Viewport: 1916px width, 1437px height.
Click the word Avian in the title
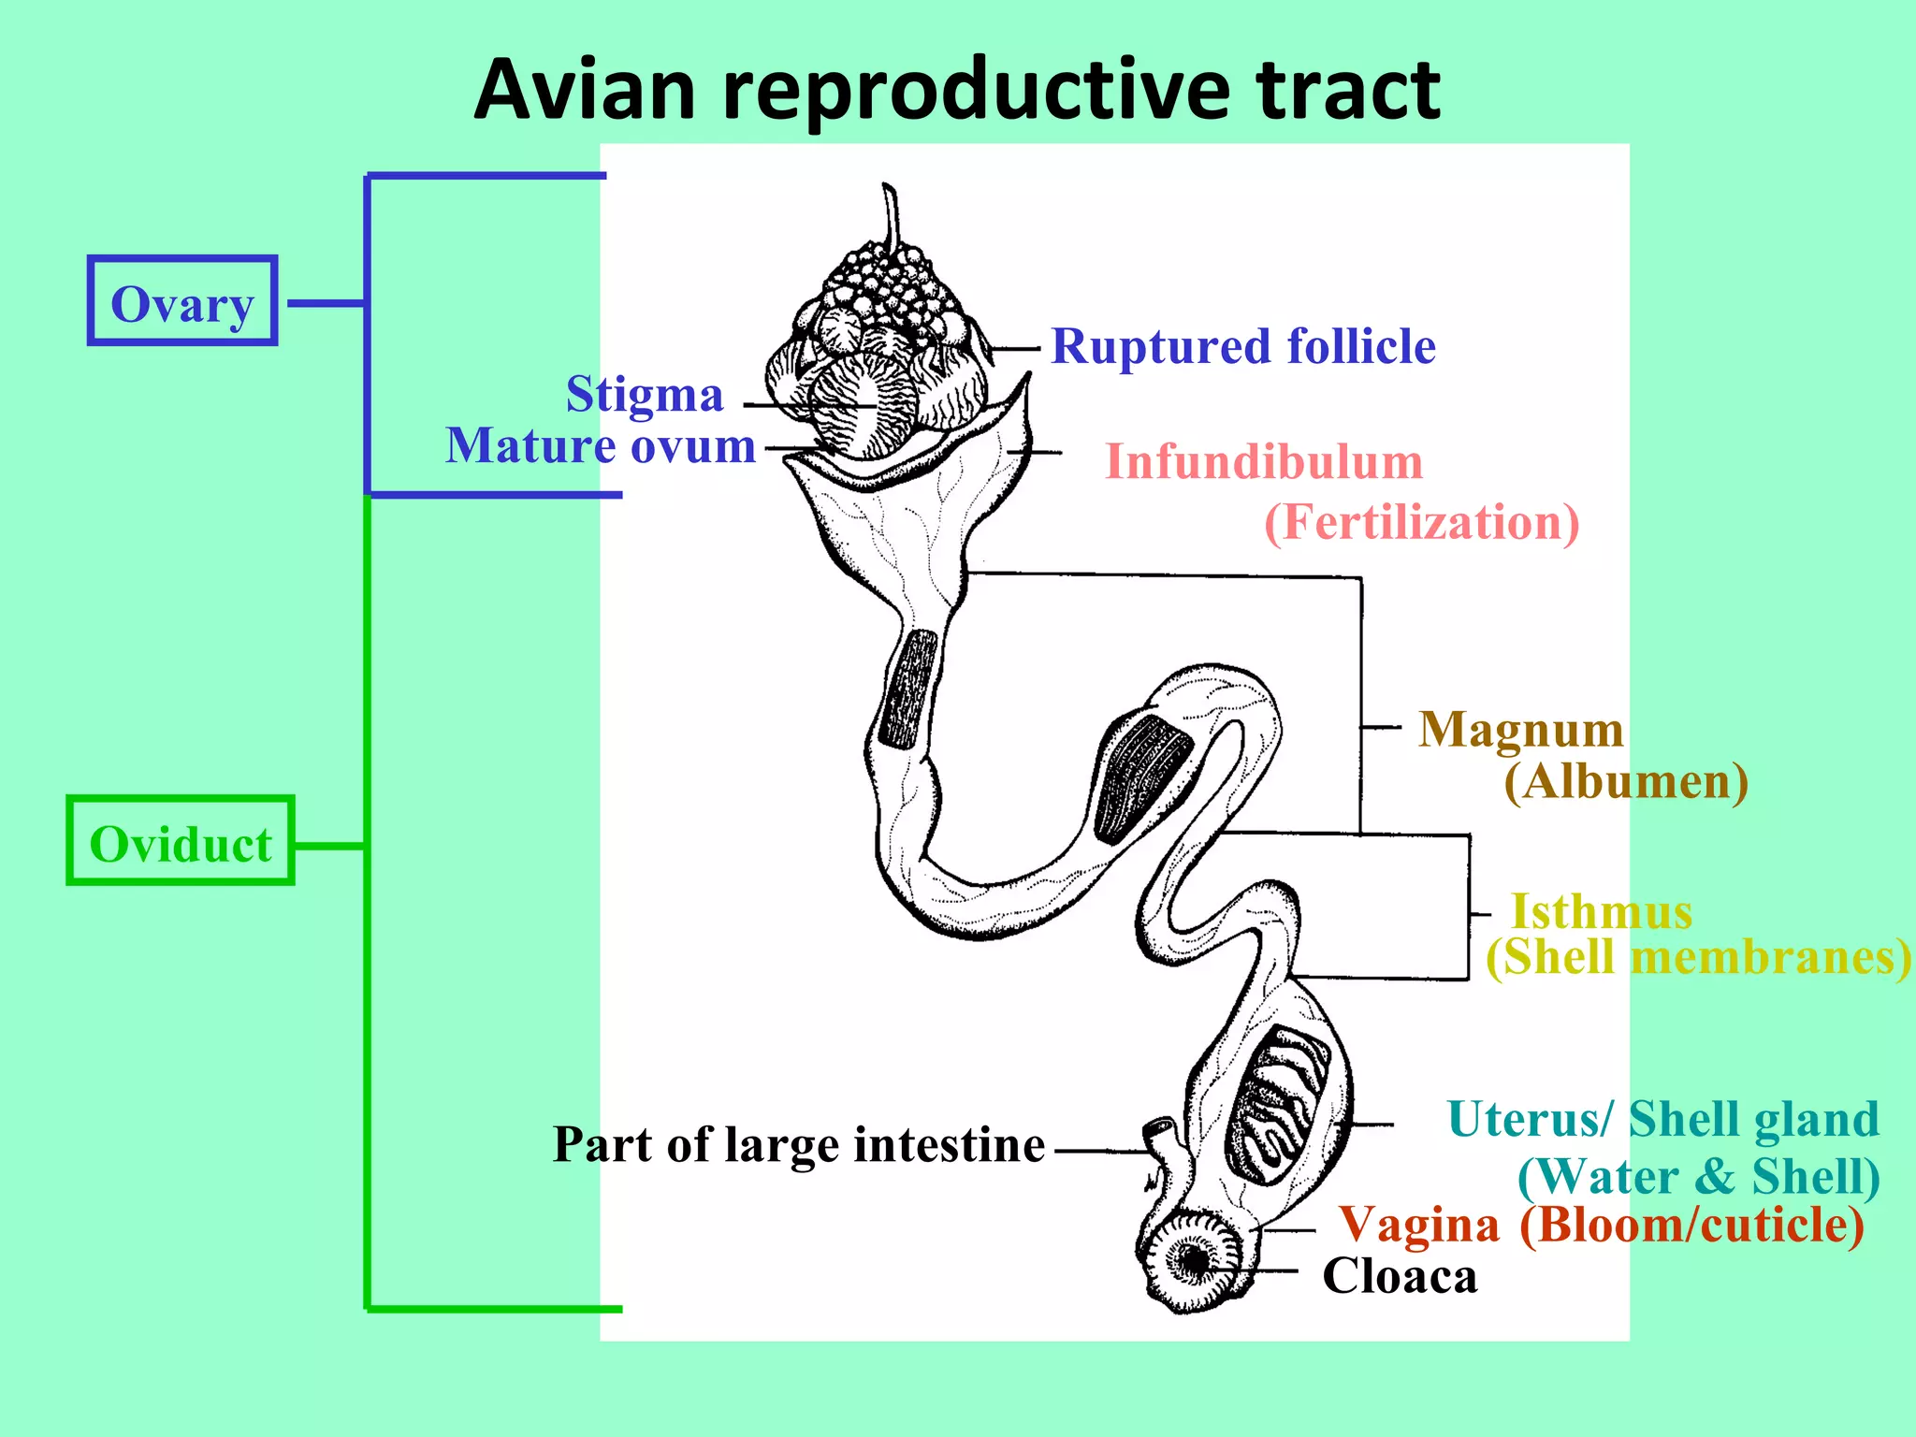tap(586, 90)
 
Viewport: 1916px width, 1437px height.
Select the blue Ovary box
tap(182, 301)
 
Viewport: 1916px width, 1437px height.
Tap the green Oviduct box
tap(181, 842)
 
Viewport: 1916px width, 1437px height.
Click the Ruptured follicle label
tap(1242, 346)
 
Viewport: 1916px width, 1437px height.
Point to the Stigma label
tap(645, 394)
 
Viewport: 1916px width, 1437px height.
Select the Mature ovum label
tap(601, 445)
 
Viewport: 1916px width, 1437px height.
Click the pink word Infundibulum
tap(1264, 461)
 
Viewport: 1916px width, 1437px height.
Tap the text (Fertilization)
tap(1421, 522)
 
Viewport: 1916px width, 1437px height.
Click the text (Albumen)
tap(1626, 781)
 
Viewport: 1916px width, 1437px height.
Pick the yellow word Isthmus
tap(1602, 911)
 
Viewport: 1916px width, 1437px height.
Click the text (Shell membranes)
tap(1698, 957)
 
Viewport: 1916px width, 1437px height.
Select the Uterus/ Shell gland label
tap(1662, 1119)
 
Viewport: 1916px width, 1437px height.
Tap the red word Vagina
tap(1419, 1225)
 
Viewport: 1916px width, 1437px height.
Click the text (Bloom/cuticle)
tap(1691, 1225)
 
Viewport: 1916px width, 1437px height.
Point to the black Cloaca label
tap(1400, 1276)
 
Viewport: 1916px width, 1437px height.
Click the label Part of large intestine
tap(799, 1145)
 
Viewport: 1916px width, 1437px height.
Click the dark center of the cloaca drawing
tap(1195, 1260)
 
